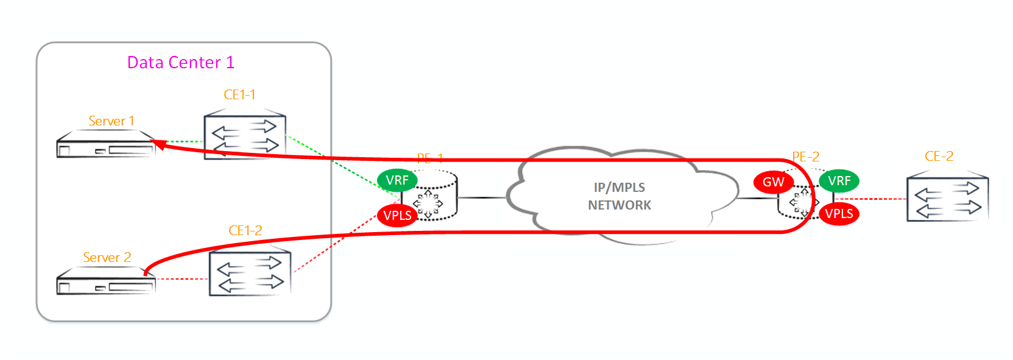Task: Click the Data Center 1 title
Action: tap(180, 63)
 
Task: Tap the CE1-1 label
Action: tap(239, 95)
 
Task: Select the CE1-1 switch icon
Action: tap(245, 136)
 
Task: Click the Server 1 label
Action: tap(111, 121)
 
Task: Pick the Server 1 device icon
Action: tap(105, 146)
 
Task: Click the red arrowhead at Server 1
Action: tap(158, 144)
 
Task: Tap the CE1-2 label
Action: tap(245, 231)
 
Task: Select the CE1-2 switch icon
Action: tap(250, 273)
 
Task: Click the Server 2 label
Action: tap(107, 258)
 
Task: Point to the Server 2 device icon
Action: tap(105, 283)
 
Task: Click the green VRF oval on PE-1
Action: tap(397, 180)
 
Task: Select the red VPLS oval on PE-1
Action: tap(397, 216)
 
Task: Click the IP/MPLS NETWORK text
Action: tap(619, 196)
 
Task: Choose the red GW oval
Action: tap(773, 182)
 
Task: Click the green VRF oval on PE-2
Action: tap(839, 181)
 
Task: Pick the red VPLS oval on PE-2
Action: tap(839, 214)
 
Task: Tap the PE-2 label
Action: tap(805, 157)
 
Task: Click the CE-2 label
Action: tap(939, 157)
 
